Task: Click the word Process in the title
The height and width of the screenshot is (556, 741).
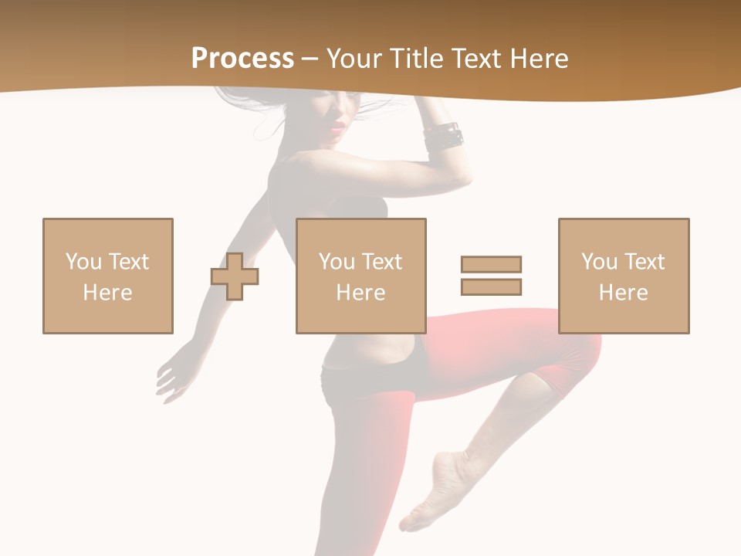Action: pos(242,59)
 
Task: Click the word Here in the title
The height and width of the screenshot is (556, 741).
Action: pos(539,59)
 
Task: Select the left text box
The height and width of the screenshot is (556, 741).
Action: pos(108,276)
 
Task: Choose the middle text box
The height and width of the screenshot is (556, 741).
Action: pos(360,276)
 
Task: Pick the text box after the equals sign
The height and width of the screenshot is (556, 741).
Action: pos(624,276)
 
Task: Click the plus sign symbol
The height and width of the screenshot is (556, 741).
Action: pos(235,276)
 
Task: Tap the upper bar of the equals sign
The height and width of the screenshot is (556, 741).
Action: pos(491,264)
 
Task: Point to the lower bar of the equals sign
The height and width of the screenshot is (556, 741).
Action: pos(491,286)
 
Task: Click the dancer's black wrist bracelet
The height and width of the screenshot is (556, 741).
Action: pos(444,137)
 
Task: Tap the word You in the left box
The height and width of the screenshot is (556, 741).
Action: pos(83,262)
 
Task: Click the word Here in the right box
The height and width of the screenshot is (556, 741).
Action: pos(624,293)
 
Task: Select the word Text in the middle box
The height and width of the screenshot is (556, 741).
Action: pos(382,262)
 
